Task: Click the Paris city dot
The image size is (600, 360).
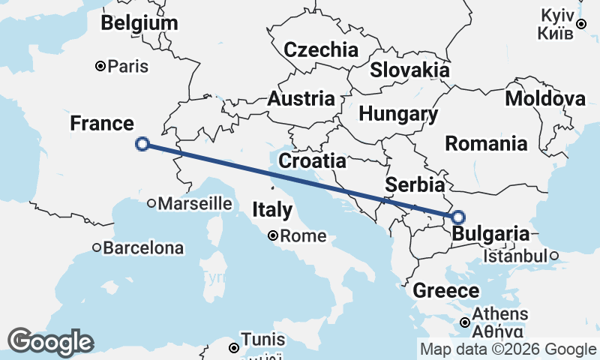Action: (x=100, y=67)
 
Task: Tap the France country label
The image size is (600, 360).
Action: (x=102, y=124)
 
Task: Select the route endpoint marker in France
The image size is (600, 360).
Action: (x=142, y=144)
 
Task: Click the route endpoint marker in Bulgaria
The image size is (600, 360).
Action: (x=458, y=217)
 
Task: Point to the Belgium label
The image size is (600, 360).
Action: (x=140, y=23)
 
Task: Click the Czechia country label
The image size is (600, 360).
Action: (x=321, y=50)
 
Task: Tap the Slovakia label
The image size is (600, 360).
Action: (x=409, y=70)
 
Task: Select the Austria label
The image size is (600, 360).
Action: (x=301, y=99)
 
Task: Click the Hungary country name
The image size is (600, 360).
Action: (x=398, y=115)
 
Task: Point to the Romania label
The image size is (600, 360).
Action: (x=487, y=143)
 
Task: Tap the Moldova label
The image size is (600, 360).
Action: (x=545, y=99)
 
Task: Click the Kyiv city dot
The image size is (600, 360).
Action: (x=580, y=25)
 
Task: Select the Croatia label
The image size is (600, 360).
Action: (x=312, y=160)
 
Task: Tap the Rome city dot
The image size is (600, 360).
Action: (x=274, y=235)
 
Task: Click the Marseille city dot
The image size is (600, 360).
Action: (x=151, y=202)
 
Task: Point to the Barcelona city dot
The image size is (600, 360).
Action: (x=97, y=247)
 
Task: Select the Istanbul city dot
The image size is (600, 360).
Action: (x=554, y=256)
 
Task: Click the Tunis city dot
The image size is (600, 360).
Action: (x=234, y=347)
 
